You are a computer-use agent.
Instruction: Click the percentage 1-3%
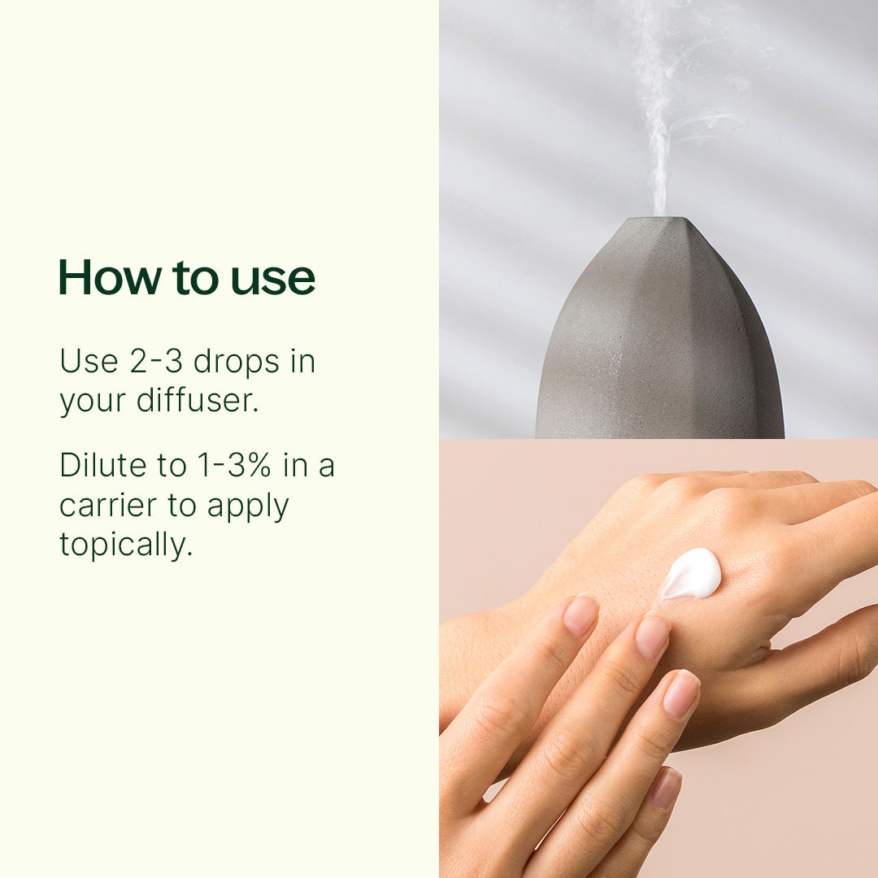click(x=235, y=466)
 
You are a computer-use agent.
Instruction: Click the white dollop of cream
click(x=692, y=574)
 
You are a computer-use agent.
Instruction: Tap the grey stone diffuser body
click(x=658, y=341)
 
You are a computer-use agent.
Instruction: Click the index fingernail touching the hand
click(x=580, y=615)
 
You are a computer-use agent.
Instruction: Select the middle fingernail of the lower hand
click(x=652, y=636)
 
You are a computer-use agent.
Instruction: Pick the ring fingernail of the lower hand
click(x=681, y=693)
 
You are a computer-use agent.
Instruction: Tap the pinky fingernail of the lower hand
click(x=666, y=787)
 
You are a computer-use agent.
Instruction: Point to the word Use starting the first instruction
click(x=88, y=361)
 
